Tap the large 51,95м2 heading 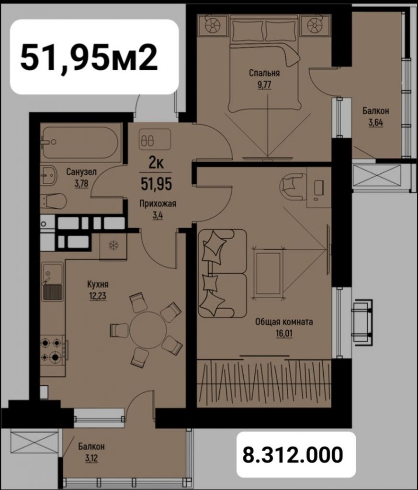click(89, 56)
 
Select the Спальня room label click(264, 73)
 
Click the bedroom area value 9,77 click(264, 84)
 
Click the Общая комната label click(284, 322)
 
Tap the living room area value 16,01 click(284, 333)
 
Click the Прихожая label click(158, 203)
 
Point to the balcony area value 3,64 click(375, 122)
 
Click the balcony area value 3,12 click(91, 457)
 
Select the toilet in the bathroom click(54, 201)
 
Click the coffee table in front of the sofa click(268, 273)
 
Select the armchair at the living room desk click(292, 185)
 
